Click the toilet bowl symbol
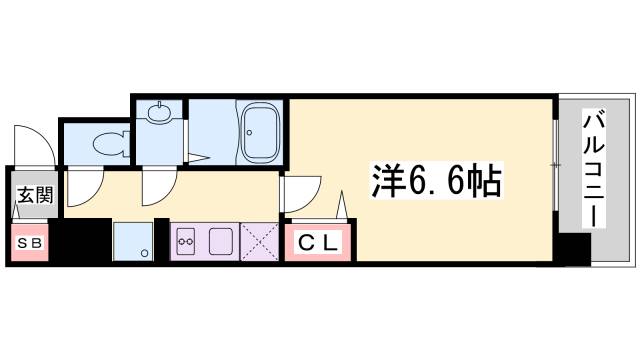pyautogui.click(x=108, y=143)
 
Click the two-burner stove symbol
pyautogui.click(x=186, y=241)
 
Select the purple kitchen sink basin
pyautogui.click(x=221, y=241)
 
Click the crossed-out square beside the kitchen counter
pyautogui.click(x=260, y=240)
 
